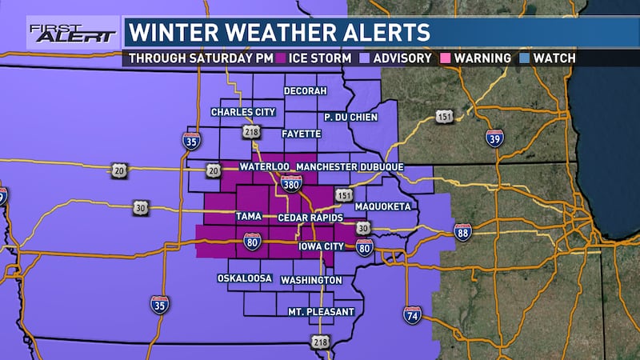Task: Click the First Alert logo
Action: tap(61, 33)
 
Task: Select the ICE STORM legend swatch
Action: tap(281, 58)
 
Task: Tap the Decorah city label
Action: tap(306, 91)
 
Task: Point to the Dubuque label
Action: tap(380, 167)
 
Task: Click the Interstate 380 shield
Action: tap(291, 185)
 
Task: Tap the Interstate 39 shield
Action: tap(494, 138)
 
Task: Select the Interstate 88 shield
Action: tap(462, 231)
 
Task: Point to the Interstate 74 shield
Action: tap(412, 314)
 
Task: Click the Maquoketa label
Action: tap(382, 206)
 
